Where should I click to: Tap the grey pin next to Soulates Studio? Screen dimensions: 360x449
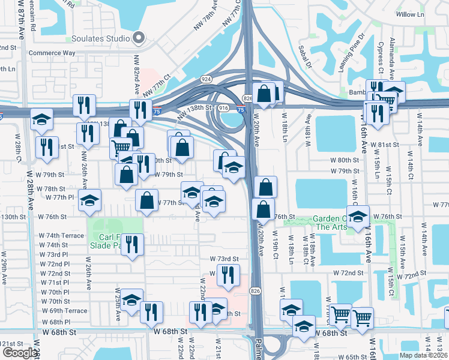(x=139, y=38)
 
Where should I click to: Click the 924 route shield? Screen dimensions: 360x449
(x=206, y=79)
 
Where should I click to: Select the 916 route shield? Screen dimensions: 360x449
(x=223, y=107)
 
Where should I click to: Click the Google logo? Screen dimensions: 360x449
(x=20, y=353)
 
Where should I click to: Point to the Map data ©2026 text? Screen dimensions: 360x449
(x=423, y=355)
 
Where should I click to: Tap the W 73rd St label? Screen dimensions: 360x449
(x=224, y=259)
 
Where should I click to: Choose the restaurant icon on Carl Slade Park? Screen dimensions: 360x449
(x=132, y=244)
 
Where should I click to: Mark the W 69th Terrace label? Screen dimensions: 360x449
(x=65, y=311)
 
